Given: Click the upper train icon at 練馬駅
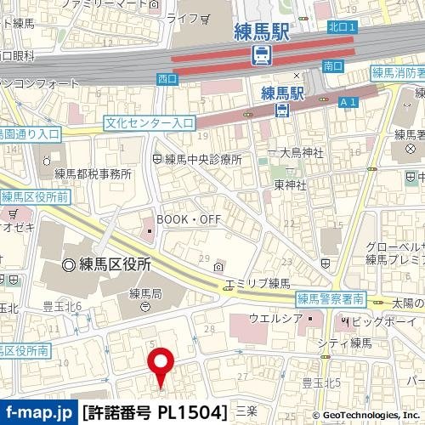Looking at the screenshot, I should [x=262, y=56].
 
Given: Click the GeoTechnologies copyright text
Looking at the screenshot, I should [x=370, y=414].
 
